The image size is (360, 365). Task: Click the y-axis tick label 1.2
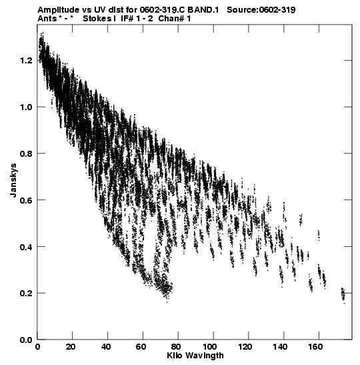coord(25,61)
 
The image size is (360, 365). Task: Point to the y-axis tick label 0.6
coord(25,200)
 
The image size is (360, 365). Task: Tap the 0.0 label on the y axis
coord(25,340)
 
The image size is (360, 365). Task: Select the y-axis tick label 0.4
coord(25,246)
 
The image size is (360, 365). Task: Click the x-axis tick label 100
coord(210,347)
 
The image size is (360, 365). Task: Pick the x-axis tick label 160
coord(315,347)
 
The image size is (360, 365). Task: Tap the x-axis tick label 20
coord(71,347)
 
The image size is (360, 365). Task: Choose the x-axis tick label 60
coord(141,347)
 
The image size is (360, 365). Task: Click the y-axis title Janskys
coord(13,180)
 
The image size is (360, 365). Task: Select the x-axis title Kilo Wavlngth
coord(195,356)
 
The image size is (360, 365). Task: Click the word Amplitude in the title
coord(58,10)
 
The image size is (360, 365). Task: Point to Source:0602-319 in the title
coord(261,10)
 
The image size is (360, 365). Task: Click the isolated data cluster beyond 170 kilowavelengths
coord(343,295)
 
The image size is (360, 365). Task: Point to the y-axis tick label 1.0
coord(25,107)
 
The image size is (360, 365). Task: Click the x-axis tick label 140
coord(280,347)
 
